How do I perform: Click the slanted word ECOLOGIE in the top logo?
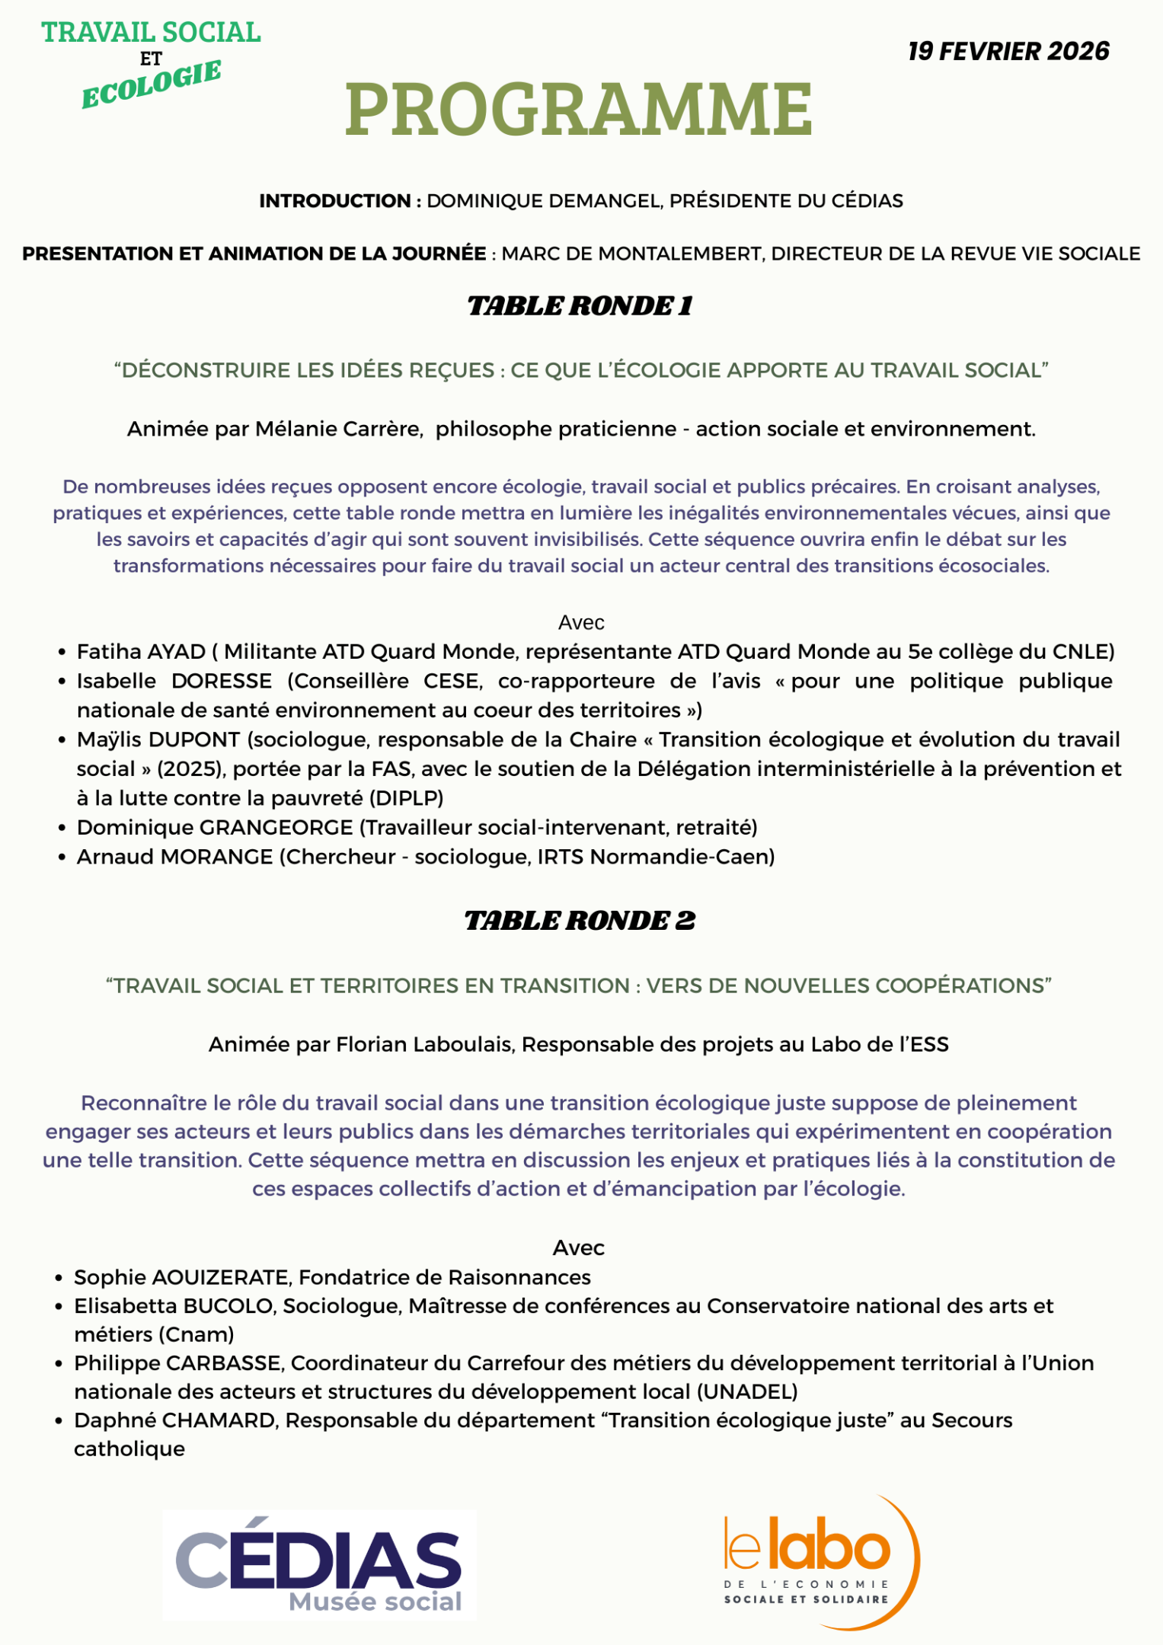coord(151,85)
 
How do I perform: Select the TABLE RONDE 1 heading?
coord(580,306)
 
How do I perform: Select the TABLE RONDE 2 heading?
coord(580,921)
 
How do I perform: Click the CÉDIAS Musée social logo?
coord(320,1564)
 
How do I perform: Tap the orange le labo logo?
coord(819,1561)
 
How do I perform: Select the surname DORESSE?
coord(222,681)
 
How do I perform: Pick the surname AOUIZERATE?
coord(220,1277)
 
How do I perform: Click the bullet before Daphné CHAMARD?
coord(59,1421)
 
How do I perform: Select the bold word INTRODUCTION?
coord(335,201)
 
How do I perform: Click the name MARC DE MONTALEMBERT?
coord(632,254)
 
